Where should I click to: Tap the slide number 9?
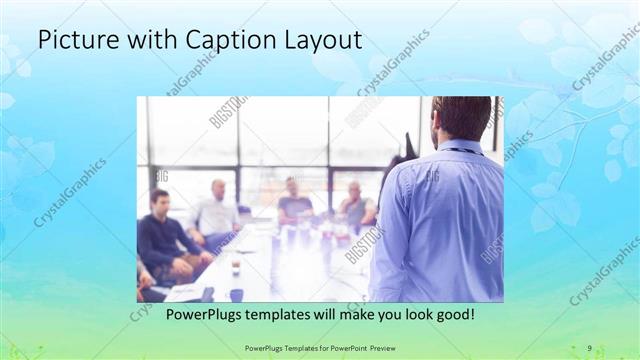[589, 348]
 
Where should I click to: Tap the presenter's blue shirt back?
[440, 220]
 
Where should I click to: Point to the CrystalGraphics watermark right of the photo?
[604, 270]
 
